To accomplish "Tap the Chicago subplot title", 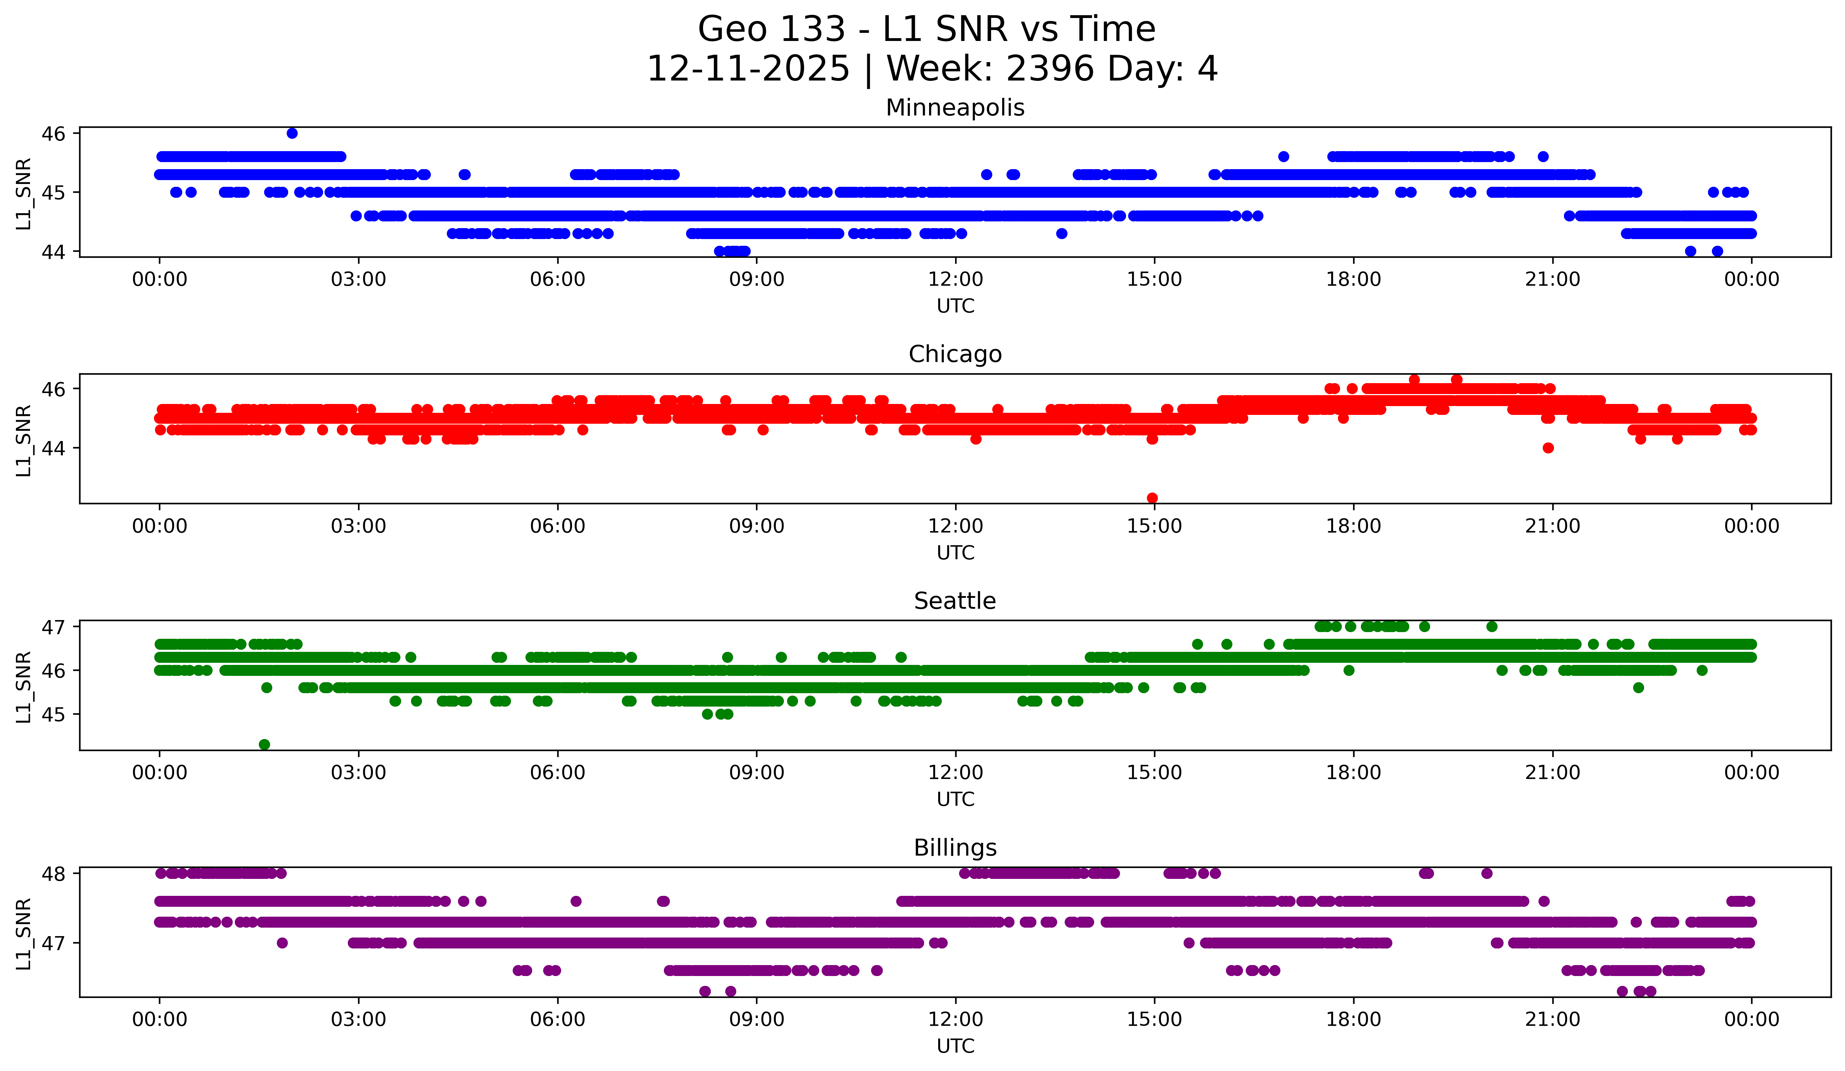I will click(x=955, y=354).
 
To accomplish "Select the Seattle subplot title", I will click(x=955, y=601).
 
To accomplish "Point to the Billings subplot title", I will click(x=955, y=848).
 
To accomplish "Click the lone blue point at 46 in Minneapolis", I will click(x=292, y=133).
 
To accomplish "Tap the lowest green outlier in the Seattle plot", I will click(x=264, y=744).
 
